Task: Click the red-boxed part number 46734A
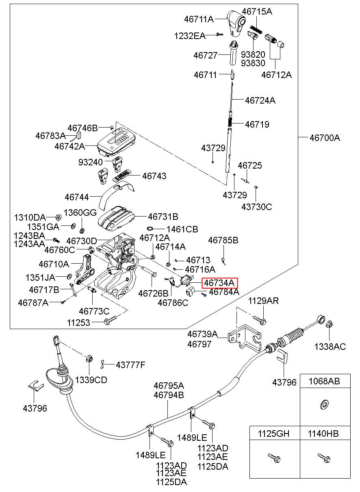click(219, 283)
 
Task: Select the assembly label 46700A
click(325, 138)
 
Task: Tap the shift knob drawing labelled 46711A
click(236, 23)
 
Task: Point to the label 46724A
click(260, 100)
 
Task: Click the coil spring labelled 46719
click(230, 122)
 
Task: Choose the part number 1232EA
click(190, 36)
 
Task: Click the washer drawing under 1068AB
click(324, 405)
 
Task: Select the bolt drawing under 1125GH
click(274, 458)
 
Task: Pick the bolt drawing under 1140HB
click(324, 458)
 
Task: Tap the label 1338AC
click(330, 347)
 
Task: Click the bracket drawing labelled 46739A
click(245, 338)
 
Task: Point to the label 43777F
click(130, 365)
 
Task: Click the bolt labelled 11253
click(110, 321)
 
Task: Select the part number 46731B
click(163, 217)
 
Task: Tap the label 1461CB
click(182, 229)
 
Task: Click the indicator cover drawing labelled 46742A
click(116, 142)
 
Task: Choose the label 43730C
click(256, 207)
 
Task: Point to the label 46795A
click(169, 386)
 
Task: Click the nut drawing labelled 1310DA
click(59, 217)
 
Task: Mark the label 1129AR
click(263, 301)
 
